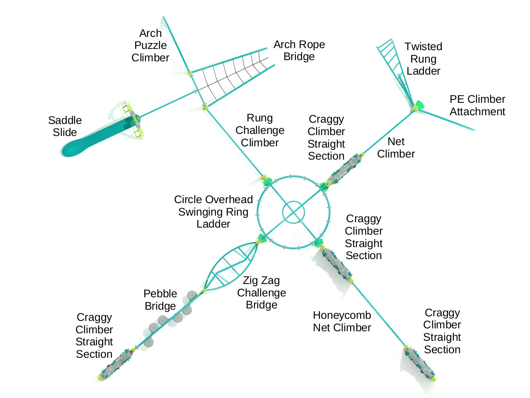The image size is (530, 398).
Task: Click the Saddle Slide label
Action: tap(65, 126)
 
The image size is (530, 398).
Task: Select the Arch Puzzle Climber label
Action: tap(150, 45)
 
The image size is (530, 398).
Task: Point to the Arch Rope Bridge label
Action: tap(299, 50)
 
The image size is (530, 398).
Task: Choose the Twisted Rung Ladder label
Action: tap(423, 58)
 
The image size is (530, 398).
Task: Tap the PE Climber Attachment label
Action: tap(477, 105)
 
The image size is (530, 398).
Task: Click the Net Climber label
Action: tap(396, 148)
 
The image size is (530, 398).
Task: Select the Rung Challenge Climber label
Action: tap(260, 130)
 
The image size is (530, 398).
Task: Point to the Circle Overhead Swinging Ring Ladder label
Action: tap(213, 211)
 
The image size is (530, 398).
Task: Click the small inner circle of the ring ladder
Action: tap(293, 212)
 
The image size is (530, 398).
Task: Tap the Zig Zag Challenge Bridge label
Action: tap(261, 293)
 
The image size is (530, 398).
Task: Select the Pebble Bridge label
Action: tap(160, 300)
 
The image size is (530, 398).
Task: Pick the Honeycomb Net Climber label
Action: tap(342, 321)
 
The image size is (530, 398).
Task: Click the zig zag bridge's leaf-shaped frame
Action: tap(230, 267)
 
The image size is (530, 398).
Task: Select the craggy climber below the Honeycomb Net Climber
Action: tap(419, 363)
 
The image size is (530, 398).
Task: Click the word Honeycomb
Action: tap(342, 315)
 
